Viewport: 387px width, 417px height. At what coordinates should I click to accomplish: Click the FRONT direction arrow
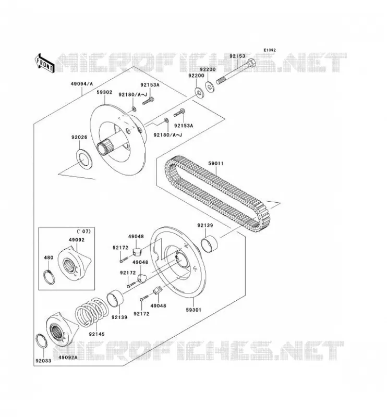(45, 63)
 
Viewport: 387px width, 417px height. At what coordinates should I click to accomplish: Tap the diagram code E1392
(270, 50)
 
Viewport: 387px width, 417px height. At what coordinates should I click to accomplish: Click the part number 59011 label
(216, 163)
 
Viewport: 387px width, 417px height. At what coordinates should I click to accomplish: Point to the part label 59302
(104, 92)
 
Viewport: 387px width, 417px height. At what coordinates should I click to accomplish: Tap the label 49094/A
(82, 84)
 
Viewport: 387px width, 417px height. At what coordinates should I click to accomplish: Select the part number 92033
(43, 361)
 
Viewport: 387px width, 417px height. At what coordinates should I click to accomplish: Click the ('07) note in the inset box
(83, 231)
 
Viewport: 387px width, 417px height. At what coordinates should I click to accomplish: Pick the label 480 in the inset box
(49, 257)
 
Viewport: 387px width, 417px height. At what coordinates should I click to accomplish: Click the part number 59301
(194, 310)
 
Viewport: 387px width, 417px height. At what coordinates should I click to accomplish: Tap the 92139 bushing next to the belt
(209, 243)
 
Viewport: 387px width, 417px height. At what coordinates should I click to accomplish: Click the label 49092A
(68, 358)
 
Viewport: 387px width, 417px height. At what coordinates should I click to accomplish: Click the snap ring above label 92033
(41, 341)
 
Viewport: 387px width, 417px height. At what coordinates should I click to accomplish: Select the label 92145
(97, 334)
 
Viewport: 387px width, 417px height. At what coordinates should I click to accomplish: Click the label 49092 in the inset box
(77, 240)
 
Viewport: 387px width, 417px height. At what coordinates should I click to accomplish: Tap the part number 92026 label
(79, 137)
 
